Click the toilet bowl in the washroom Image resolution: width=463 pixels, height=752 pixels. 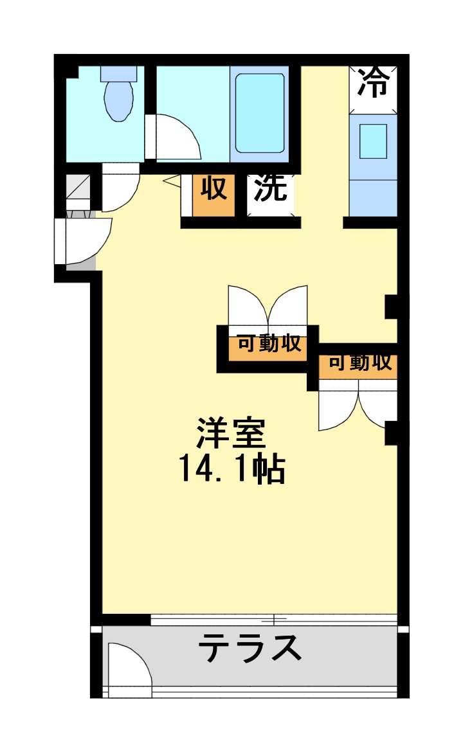click(x=118, y=100)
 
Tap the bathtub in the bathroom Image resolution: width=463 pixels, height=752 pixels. click(x=260, y=112)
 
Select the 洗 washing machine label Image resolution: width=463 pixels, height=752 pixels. click(x=271, y=188)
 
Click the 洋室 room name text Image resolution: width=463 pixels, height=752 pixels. click(x=232, y=434)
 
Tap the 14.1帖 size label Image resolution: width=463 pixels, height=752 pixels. click(x=232, y=470)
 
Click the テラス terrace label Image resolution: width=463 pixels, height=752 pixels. click(x=250, y=647)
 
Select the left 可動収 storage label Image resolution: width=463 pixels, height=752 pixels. click(x=269, y=344)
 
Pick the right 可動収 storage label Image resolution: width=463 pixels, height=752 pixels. click(x=359, y=363)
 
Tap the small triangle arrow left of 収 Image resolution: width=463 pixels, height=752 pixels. click(x=172, y=182)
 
